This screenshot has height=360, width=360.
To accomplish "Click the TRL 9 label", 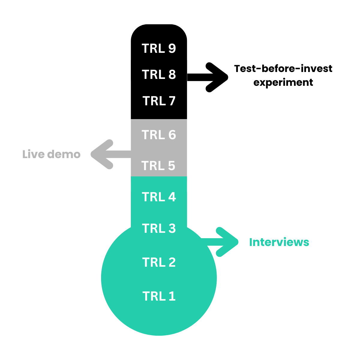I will (159, 49).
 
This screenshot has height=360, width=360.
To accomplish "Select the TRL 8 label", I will (159, 75).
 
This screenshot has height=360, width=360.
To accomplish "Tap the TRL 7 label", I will (159, 101).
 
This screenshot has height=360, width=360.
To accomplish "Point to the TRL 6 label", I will (159, 135).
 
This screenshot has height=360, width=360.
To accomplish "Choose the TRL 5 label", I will (158, 166).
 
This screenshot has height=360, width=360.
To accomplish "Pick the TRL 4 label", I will (159, 197).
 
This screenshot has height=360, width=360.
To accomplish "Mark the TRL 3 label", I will (159, 229).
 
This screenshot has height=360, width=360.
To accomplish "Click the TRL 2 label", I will (159, 262).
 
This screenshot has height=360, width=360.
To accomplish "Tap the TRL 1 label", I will (159, 296).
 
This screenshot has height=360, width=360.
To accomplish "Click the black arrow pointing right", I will (210, 77).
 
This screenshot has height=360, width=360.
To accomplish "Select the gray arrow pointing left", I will (108, 154).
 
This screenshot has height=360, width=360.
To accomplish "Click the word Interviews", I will (279, 242).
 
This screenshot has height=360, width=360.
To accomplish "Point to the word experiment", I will (283, 82).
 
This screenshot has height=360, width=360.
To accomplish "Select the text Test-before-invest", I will (283, 69).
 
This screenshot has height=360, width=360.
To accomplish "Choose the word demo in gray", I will (64, 154).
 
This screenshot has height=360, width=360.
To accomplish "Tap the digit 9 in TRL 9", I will (172, 49).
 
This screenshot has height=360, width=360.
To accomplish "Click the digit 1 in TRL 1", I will (172, 296).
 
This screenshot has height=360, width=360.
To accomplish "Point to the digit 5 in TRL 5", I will (171, 166).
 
